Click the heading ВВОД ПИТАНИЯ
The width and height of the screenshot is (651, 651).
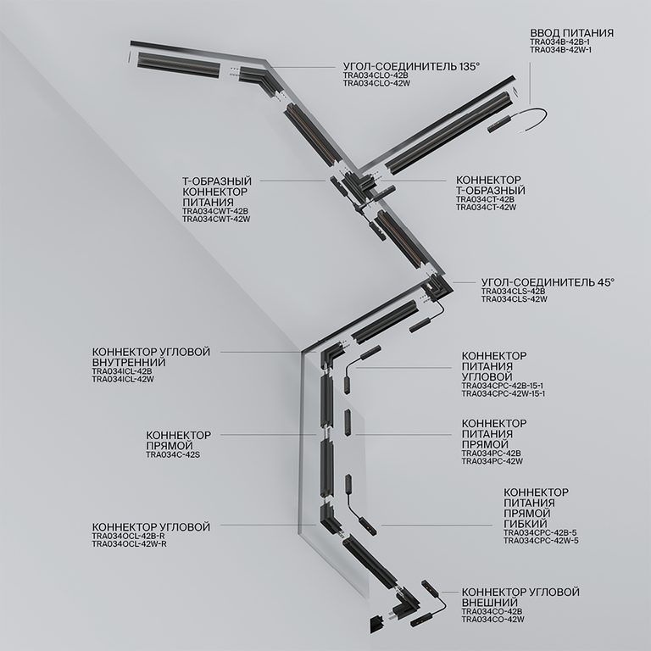click(x=571, y=33)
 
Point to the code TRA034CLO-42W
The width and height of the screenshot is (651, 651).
click(x=376, y=84)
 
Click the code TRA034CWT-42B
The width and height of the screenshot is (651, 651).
click(x=215, y=211)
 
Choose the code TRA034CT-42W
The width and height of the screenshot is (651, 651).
click(x=486, y=207)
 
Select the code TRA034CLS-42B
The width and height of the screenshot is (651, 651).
click(x=513, y=292)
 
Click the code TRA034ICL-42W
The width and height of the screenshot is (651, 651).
click(x=122, y=380)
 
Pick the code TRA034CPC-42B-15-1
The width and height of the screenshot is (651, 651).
click(x=503, y=386)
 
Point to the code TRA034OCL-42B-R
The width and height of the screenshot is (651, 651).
click(x=129, y=536)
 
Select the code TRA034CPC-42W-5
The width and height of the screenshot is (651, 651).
click(x=541, y=540)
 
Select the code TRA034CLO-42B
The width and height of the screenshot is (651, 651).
click(x=376, y=75)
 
